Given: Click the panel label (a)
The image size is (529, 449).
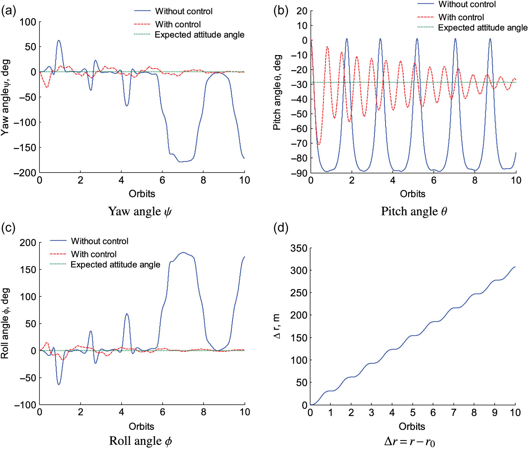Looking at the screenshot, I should (8, 11).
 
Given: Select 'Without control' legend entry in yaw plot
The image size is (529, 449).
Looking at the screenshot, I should (184, 11).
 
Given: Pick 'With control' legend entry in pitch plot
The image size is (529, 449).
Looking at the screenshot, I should (461, 17).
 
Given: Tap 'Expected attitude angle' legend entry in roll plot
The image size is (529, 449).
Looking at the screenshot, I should (115, 265).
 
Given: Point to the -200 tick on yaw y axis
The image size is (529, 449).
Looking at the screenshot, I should (25, 173).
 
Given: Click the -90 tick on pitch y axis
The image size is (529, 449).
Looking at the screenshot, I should (300, 173).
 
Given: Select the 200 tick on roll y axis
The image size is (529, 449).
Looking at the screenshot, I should (28, 242).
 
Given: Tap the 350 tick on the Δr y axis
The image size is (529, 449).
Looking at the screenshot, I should (299, 248).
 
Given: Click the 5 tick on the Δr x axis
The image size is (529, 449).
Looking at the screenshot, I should (413, 413).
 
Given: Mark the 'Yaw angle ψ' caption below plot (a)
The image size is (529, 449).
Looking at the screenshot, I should (140, 211).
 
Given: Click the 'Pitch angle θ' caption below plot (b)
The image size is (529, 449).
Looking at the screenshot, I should (414, 211).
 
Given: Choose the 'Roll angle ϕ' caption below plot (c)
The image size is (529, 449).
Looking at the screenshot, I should (140, 441).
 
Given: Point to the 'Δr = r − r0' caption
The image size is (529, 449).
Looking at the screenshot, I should (409, 442).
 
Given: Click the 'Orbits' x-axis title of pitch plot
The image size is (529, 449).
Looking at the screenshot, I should (412, 194).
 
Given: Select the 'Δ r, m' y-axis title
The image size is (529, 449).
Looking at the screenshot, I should (277, 326).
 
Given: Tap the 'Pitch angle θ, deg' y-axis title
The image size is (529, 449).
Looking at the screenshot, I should (277, 93).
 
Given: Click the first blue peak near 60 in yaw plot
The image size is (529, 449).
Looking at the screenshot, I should (59, 40).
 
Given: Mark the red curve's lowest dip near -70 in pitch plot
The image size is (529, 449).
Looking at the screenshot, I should (319, 144).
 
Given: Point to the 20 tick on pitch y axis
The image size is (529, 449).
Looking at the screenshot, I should (302, 11).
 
